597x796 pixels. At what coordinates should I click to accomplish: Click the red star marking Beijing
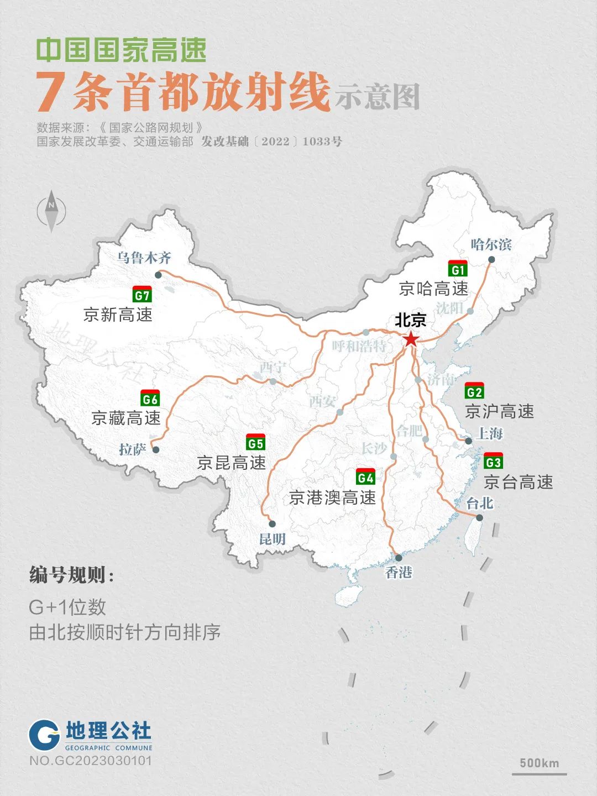(411, 338)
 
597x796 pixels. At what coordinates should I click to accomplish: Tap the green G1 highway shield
(458, 269)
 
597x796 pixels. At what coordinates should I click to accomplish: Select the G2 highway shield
(474, 391)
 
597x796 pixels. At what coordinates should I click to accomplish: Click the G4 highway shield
(365, 477)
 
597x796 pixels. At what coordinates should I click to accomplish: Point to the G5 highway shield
(255, 443)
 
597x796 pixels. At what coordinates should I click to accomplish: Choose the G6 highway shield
(150, 399)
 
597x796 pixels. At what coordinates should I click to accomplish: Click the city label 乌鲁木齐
(144, 258)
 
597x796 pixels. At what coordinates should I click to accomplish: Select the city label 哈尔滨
(491, 244)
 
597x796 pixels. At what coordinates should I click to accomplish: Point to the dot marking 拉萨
(156, 450)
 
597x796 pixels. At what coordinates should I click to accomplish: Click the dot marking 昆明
(272, 523)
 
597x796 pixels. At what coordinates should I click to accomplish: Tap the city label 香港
(399, 572)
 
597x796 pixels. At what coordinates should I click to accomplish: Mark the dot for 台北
(479, 518)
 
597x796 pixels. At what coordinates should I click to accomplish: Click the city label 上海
(489, 433)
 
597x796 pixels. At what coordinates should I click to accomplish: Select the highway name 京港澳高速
(332, 498)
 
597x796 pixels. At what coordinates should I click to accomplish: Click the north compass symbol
(51, 211)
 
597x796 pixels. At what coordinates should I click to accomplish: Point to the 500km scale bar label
(539, 763)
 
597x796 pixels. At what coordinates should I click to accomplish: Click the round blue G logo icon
(44, 735)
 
